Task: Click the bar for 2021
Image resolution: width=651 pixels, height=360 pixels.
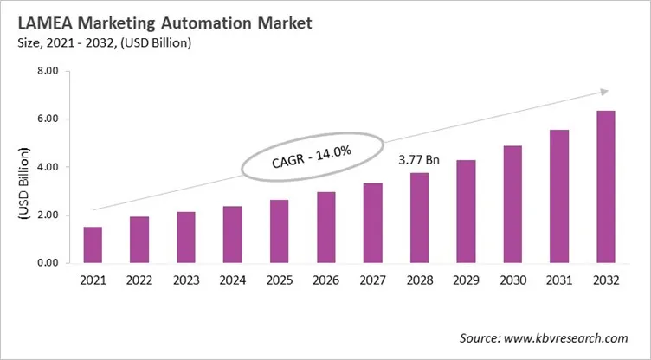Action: click(x=93, y=245)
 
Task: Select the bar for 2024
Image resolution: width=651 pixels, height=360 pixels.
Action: click(x=232, y=235)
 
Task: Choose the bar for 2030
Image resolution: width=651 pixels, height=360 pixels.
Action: click(x=512, y=204)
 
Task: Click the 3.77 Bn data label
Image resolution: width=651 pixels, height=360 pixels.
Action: click(x=419, y=160)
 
